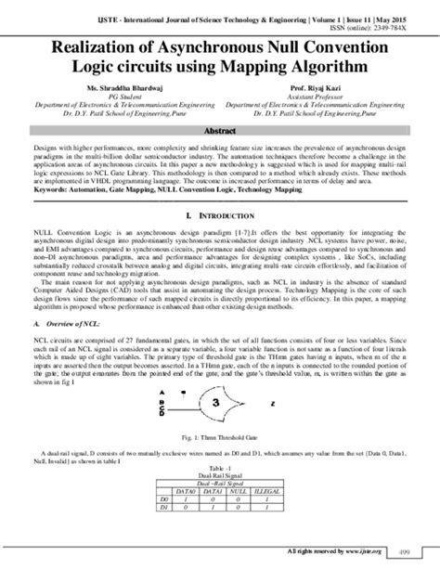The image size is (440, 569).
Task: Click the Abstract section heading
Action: click(219, 132)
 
